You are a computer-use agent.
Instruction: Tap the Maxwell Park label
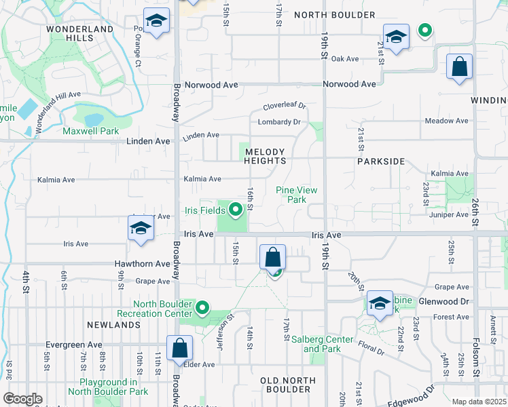90,131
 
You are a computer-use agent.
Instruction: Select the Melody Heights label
265,156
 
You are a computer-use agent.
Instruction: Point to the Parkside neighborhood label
381,162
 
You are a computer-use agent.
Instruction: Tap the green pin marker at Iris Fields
236,210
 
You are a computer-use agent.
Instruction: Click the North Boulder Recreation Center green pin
202,309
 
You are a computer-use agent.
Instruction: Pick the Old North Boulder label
285,385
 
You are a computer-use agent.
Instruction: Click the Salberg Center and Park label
328,344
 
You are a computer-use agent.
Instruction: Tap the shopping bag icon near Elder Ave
179,349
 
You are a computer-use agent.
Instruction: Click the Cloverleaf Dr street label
285,106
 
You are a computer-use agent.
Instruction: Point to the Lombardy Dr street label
279,122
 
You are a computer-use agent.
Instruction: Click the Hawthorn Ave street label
143,264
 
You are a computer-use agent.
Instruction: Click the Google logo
23,399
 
